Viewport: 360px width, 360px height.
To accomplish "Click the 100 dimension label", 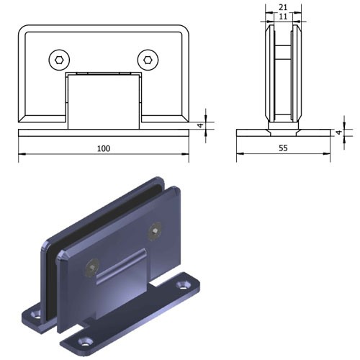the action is [104, 148].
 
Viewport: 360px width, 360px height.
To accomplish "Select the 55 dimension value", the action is [283, 148].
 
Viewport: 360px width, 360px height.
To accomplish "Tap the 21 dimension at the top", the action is [283, 7].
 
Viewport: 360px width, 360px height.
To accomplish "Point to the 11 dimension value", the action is [283, 17].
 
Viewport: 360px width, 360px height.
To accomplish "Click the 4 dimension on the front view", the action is [201, 125].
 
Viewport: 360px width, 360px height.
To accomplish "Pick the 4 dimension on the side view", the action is [338, 132].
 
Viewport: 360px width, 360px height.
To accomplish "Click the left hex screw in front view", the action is [59, 60].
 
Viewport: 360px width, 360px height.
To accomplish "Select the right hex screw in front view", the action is [148, 60].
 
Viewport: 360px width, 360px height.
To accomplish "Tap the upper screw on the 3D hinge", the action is [155, 231].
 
